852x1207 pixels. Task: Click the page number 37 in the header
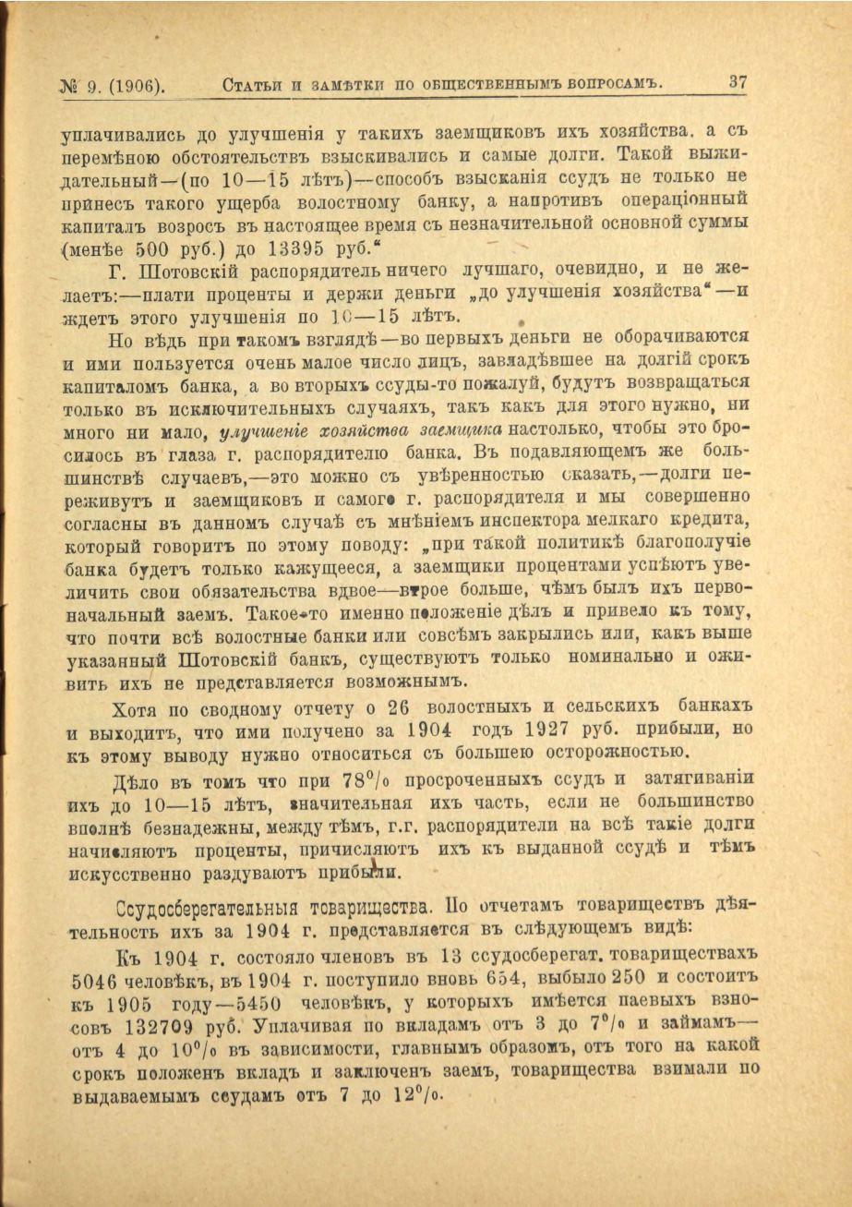[737, 82]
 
